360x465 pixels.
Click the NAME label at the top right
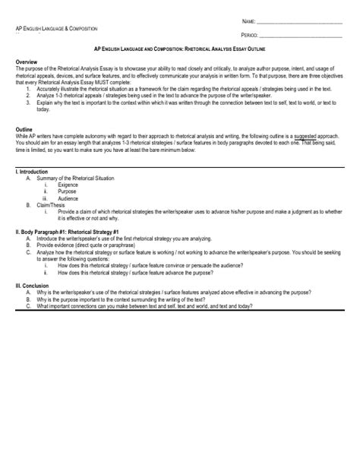pyautogui.click(x=248, y=21)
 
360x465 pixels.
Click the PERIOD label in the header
pyautogui.click(x=250, y=35)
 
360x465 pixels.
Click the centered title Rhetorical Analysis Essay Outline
pyautogui.click(x=179, y=47)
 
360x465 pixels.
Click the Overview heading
pyautogui.click(x=27, y=60)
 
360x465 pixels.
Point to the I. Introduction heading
pyautogui.click(x=33, y=172)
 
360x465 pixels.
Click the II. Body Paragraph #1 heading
pyautogui.click(x=68, y=229)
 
